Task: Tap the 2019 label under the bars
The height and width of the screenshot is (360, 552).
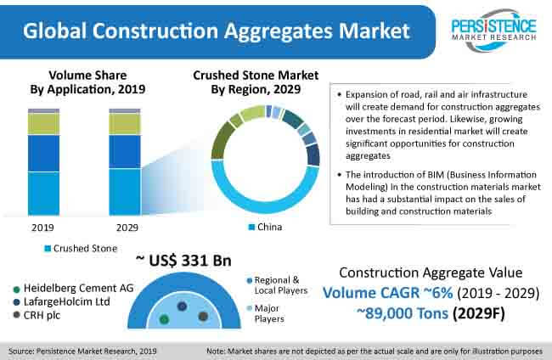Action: click(42, 228)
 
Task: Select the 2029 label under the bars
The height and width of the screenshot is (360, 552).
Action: click(127, 228)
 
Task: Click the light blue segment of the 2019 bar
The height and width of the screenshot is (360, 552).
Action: click(43, 194)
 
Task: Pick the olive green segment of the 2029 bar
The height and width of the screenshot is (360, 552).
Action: click(125, 124)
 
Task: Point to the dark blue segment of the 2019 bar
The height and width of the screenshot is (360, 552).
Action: click(43, 154)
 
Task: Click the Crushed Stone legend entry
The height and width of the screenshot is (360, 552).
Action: click(81, 249)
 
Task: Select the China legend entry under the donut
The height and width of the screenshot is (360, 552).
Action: click(265, 227)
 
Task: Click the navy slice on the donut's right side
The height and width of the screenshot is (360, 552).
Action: click(313, 155)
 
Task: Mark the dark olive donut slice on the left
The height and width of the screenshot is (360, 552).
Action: click(221, 141)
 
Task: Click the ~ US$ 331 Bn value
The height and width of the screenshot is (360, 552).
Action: click(183, 261)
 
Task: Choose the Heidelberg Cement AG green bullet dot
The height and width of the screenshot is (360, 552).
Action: click(16, 290)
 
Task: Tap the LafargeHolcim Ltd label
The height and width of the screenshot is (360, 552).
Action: click(66, 302)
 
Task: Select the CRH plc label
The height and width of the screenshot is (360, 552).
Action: click(42, 315)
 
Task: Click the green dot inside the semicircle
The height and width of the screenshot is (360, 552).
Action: click(164, 319)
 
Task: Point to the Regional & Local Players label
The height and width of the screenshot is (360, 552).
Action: click(280, 285)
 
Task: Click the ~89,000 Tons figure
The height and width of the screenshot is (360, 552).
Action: click(403, 313)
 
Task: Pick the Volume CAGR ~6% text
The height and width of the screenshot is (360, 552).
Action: click(387, 293)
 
